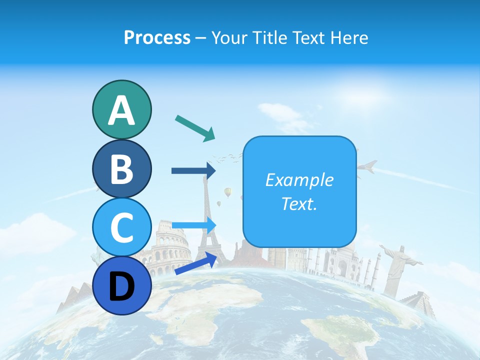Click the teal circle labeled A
click(121, 109)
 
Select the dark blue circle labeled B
click(121, 168)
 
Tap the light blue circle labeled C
click(121, 227)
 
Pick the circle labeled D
click(121, 285)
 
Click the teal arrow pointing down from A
click(195, 127)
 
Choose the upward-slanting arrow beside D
click(195, 263)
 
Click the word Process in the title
click(157, 37)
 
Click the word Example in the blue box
click(299, 180)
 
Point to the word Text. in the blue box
click(299, 203)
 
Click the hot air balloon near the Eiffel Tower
click(228, 192)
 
